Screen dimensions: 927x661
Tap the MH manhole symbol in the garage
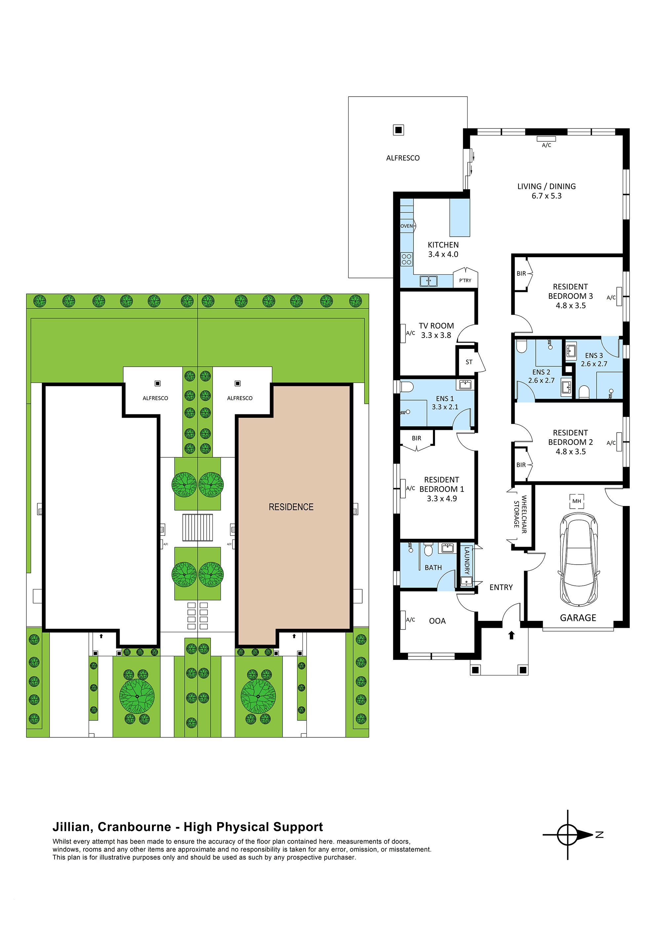click(x=576, y=501)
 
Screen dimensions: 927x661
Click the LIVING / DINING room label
click(x=546, y=186)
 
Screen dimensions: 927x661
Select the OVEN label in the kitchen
click(x=406, y=226)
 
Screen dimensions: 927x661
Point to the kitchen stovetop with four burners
click(x=407, y=259)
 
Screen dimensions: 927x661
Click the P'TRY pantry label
click(x=465, y=280)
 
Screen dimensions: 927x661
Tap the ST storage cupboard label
click(x=469, y=362)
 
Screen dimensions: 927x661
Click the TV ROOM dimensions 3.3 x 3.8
click(x=436, y=335)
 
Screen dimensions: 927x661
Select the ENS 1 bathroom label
click(x=445, y=398)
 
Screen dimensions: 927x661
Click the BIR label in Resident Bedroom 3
click(x=521, y=273)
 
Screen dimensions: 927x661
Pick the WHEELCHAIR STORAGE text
click(x=520, y=514)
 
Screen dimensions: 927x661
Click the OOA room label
click(x=437, y=621)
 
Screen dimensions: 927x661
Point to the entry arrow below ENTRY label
click(x=512, y=635)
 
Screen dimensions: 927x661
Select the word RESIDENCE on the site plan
click(x=291, y=507)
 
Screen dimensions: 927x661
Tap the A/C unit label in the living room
click(x=546, y=145)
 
